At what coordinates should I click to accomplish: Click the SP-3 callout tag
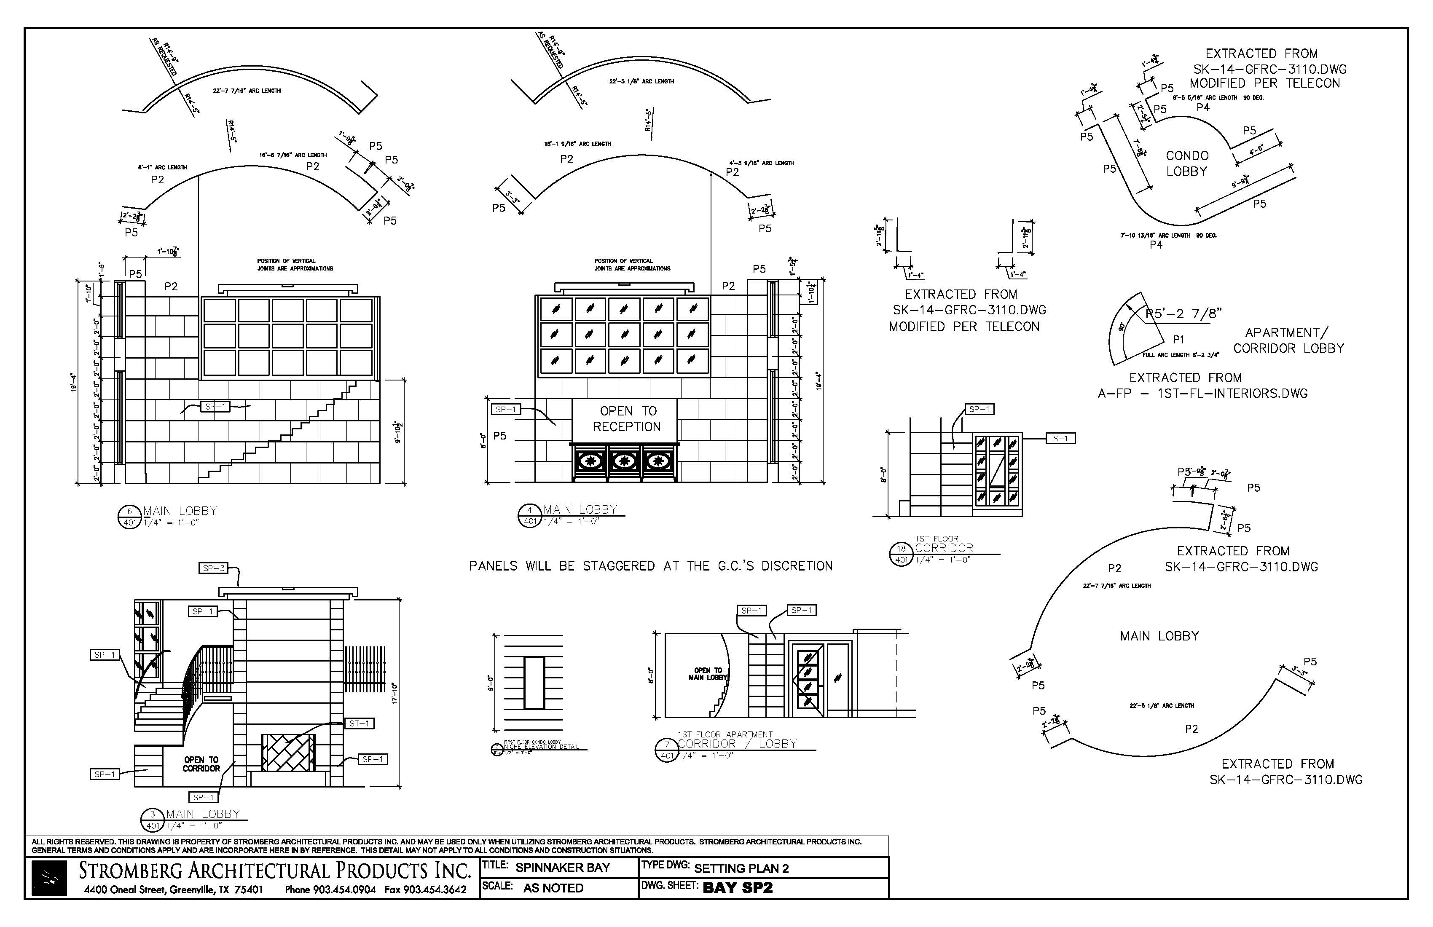coord(214,568)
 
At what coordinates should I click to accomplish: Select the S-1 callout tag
coord(1060,438)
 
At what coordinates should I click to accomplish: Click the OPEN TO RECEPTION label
coord(626,418)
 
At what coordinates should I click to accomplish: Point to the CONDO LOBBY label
coord(1187,163)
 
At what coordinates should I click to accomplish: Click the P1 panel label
coord(1178,340)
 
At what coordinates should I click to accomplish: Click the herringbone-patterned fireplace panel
coord(288,753)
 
